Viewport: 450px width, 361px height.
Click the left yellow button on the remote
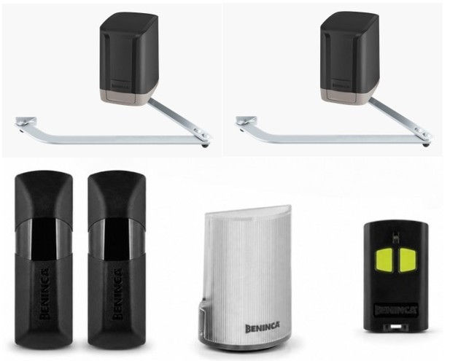tap(384, 260)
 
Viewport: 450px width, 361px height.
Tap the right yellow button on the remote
tap(408, 260)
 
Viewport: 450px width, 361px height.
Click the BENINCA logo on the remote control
tap(395, 310)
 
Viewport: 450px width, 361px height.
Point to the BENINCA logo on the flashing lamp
tap(263, 328)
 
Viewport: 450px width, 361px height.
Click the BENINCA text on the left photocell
tap(44, 294)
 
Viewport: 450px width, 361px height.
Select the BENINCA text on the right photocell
tap(117, 294)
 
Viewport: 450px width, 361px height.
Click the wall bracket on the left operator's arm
tap(26, 123)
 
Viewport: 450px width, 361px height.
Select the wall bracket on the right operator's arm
tap(246, 123)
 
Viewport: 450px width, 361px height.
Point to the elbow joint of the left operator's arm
tap(203, 137)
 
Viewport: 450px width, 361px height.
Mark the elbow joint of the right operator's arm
tap(424, 137)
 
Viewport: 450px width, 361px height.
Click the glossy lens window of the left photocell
tap(44, 238)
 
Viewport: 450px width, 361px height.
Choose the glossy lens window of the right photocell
tap(117, 238)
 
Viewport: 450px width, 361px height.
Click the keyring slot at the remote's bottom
tap(395, 327)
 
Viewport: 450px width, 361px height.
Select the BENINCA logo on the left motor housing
tap(120, 85)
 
